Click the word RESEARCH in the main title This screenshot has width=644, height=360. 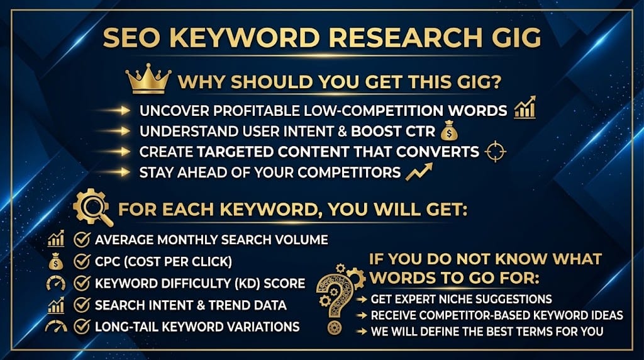pos(406,38)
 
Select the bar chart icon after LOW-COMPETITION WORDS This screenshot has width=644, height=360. pos(525,108)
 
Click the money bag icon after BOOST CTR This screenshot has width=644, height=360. pos(448,130)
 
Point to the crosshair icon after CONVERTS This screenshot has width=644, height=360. pos(496,151)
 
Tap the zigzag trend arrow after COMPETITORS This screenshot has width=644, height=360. pos(419,172)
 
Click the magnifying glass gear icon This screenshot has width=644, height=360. pos(93,207)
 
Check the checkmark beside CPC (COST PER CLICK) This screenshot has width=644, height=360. pos(82,261)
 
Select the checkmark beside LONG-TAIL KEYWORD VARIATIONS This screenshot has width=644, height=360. pos(82,327)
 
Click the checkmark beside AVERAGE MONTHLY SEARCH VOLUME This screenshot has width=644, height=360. pos(82,240)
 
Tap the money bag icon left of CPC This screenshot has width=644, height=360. pos(56,261)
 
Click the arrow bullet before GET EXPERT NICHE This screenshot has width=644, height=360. pos(362,299)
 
